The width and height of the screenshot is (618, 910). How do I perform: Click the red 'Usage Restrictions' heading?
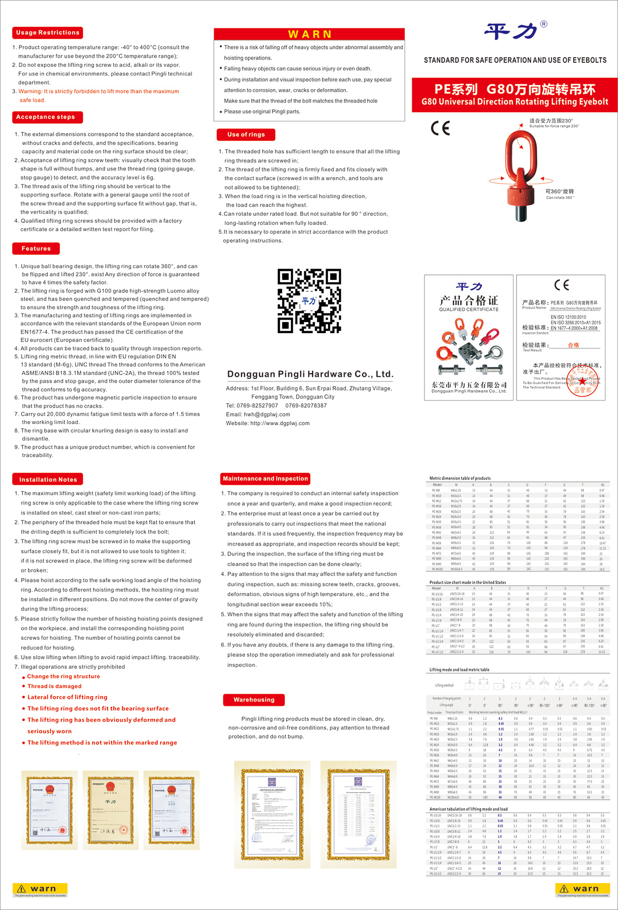47,33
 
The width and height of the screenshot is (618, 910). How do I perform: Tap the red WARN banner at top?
310,34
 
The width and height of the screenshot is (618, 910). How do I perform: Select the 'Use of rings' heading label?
246,135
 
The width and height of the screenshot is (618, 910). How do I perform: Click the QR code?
309,301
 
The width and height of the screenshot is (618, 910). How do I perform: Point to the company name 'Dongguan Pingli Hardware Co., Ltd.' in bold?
310,374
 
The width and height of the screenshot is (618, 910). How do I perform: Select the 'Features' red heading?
36,249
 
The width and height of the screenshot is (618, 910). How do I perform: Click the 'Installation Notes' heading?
48,480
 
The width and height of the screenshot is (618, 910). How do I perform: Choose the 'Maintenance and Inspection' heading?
265,479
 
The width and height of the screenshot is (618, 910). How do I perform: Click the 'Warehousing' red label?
254,700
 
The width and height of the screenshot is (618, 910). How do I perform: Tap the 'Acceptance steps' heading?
45,117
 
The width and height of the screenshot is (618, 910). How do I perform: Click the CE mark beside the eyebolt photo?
440,128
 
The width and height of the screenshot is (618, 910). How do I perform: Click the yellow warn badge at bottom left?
40,889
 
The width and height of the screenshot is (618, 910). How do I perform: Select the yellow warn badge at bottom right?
582,889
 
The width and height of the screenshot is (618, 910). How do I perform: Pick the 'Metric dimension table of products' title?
460,478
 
